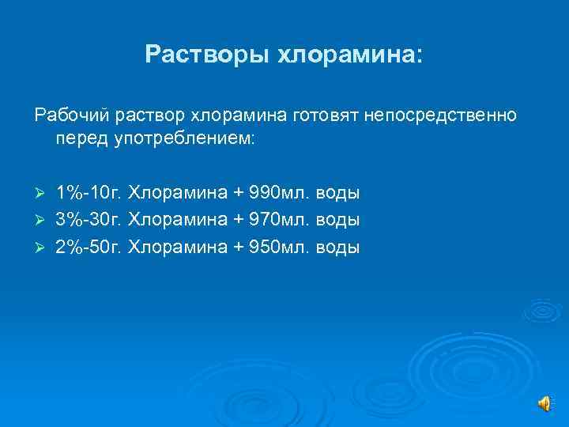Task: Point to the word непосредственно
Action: (x=440, y=115)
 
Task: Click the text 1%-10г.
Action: (x=89, y=193)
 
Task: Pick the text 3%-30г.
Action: (x=89, y=220)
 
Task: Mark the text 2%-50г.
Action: (x=89, y=247)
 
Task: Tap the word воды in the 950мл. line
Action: (x=338, y=247)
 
